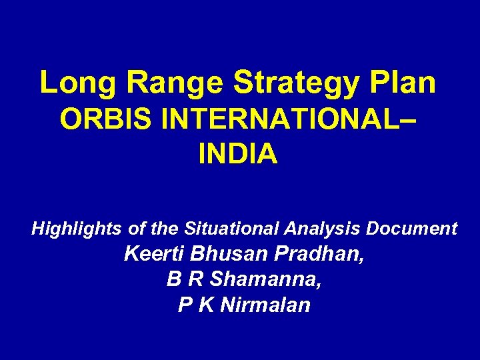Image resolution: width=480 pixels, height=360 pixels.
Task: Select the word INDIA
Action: pyautogui.click(x=238, y=154)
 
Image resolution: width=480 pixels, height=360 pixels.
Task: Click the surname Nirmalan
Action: pyautogui.click(x=265, y=305)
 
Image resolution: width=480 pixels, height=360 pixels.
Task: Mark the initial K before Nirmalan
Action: pyautogui.click(x=205, y=305)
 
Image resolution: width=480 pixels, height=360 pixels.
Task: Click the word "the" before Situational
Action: pyautogui.click(x=164, y=229)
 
